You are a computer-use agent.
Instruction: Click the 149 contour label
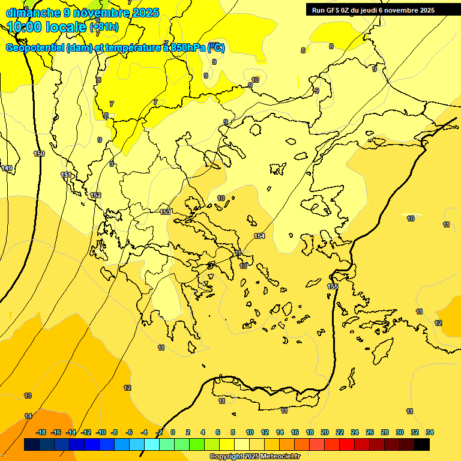tap(7, 168)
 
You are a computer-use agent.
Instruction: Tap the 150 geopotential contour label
tap(39, 154)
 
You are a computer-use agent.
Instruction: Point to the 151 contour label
tap(66, 175)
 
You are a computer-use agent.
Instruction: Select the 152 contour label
tap(95, 195)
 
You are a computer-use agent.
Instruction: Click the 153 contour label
tap(166, 212)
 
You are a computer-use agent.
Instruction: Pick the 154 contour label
tap(259, 236)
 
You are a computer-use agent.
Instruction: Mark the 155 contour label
tap(333, 286)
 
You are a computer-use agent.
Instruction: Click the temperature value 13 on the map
tap(28, 396)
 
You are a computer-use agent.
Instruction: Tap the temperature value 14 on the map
tap(28, 416)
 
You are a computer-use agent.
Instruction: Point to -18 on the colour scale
tap(41, 432)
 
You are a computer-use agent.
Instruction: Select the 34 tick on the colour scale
tap(429, 432)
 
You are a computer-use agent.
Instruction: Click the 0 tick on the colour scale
tap(173, 432)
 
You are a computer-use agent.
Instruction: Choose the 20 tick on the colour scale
tap(325, 432)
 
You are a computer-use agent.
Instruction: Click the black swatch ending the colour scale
tap(421, 444)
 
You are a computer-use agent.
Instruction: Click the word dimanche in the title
tap(31, 13)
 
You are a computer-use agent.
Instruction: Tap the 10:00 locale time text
tap(46, 27)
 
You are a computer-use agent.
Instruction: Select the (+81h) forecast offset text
tap(103, 27)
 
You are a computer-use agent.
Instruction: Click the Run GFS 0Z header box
tap(379, 10)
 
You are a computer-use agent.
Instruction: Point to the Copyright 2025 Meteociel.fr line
tap(255, 456)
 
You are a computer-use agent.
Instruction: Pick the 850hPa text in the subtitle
tap(184, 48)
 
